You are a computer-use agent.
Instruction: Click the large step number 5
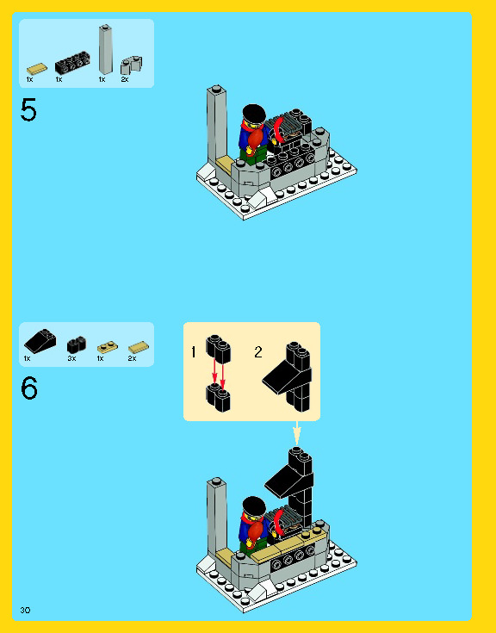[x=29, y=111]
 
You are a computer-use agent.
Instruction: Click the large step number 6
[x=29, y=389]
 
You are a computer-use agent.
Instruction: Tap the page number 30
[x=25, y=610]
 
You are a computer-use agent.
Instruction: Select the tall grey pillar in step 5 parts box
[x=106, y=50]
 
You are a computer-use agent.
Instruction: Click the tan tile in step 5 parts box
[x=37, y=69]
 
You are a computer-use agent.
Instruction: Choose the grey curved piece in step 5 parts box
[x=131, y=65]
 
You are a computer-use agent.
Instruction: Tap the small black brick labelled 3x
[x=76, y=343]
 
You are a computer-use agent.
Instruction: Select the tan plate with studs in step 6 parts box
[x=107, y=346]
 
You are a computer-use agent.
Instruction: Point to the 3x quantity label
[x=71, y=357]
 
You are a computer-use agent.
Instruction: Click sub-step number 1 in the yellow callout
[x=194, y=352]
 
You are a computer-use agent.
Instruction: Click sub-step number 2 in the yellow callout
[x=257, y=351]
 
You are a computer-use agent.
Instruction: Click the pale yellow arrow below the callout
[x=296, y=432]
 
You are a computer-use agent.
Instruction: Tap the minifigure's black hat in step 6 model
[x=254, y=505]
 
